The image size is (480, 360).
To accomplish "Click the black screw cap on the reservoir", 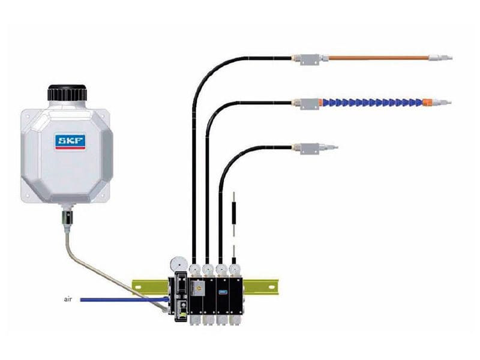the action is (x=67, y=94).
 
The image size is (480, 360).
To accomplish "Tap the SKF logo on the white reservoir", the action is (x=70, y=141).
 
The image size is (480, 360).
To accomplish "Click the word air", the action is (x=68, y=299).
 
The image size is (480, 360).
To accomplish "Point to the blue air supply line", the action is (x=124, y=299).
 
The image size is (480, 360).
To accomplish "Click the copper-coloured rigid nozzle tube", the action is (x=379, y=58).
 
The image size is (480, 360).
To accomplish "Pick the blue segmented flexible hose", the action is (x=373, y=102).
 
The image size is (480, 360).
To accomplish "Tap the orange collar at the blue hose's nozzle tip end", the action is (x=427, y=102).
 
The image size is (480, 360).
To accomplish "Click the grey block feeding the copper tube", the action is (x=310, y=58).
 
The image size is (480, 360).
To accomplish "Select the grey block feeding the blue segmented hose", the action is (x=310, y=103).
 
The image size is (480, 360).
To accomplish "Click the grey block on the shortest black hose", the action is (x=310, y=148).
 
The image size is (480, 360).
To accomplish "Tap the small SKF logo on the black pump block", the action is (x=223, y=292).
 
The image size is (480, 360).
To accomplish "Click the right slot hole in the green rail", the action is (x=272, y=287).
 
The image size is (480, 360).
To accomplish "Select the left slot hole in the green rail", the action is (x=138, y=287).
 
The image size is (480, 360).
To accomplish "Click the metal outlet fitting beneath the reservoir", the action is (x=67, y=217).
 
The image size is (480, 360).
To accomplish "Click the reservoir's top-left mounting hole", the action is (x=27, y=116).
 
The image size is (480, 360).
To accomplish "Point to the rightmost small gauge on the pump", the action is (x=235, y=269).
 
